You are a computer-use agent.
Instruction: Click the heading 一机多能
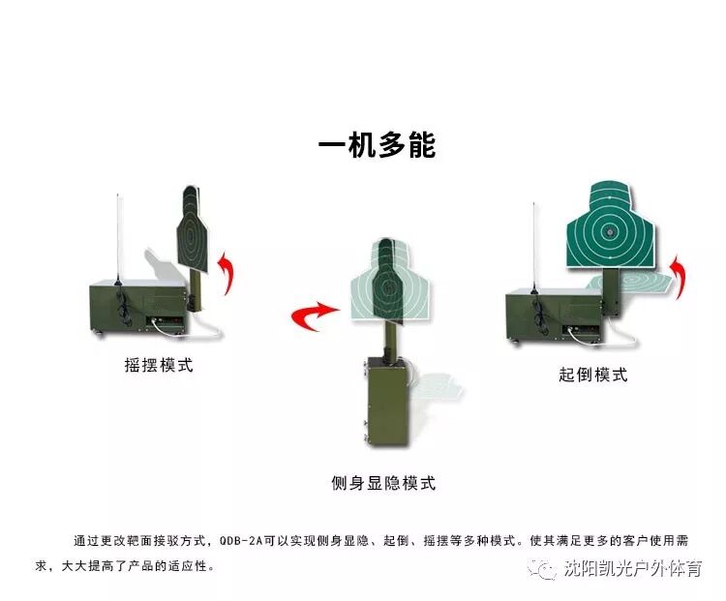click(x=377, y=145)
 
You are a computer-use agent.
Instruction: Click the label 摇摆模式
click(x=158, y=365)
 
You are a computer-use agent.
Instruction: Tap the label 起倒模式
click(x=592, y=375)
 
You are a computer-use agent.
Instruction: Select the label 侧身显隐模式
click(x=382, y=483)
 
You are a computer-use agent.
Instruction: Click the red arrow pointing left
click(x=315, y=316)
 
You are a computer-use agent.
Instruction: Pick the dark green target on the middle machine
click(x=385, y=280)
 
